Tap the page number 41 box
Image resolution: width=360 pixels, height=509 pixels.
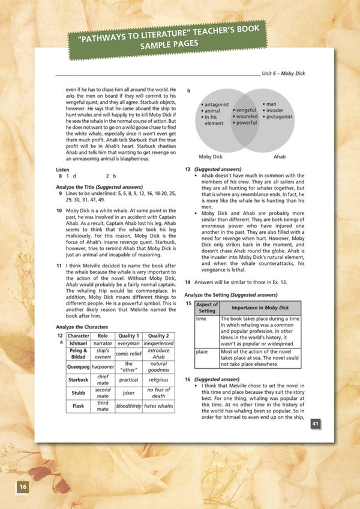point(315,424)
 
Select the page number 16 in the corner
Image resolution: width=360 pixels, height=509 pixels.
point(22,486)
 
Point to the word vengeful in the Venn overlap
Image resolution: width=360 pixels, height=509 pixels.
point(245,110)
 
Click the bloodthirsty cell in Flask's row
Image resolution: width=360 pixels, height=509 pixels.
point(128,406)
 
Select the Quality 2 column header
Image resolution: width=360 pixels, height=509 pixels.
point(158,336)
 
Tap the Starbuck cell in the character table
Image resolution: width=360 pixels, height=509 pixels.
point(78,380)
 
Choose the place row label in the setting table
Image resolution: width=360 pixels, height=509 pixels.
point(202,351)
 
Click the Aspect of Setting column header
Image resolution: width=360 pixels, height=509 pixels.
point(206,308)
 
